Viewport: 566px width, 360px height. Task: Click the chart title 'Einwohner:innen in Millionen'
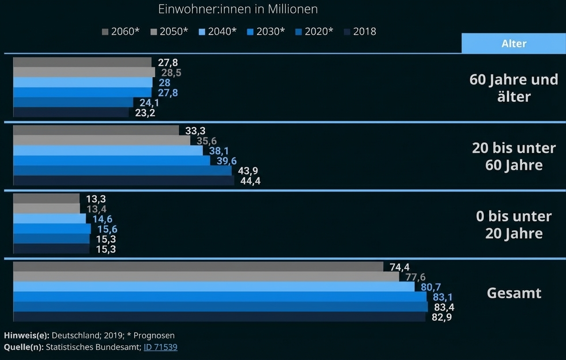tap(238, 9)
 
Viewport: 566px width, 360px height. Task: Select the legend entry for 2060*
tap(121, 31)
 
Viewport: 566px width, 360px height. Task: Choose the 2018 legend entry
tap(360, 31)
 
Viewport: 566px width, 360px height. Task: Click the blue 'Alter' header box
tap(513, 43)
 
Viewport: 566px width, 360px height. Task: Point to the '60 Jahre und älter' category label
tap(513, 88)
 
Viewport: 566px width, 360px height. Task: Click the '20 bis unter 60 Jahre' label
tap(513, 156)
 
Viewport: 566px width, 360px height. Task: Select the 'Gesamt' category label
tap(513, 293)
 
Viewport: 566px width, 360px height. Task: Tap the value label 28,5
tap(171, 73)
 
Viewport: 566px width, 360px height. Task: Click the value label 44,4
tap(250, 181)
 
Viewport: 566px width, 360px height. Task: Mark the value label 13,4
tap(96, 209)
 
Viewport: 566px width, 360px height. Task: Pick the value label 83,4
tap(444, 307)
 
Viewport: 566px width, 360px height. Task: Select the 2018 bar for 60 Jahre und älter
tap(71, 112)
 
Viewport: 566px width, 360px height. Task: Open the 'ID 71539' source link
tap(160, 347)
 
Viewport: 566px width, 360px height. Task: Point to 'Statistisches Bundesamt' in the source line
tap(94, 347)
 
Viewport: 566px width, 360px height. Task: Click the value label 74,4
tap(400, 267)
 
